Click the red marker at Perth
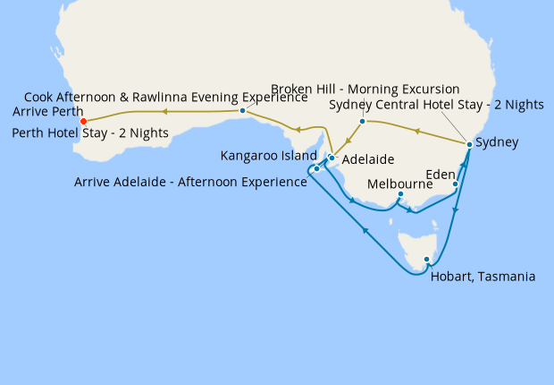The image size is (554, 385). (83, 121)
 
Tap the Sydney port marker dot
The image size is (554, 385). (469, 144)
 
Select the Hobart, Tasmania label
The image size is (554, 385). (483, 277)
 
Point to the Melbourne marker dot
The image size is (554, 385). (400, 194)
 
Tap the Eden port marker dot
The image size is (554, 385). (456, 185)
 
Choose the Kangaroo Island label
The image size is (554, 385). (267, 156)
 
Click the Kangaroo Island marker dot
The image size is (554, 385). (316, 168)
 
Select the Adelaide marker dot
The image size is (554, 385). (332, 158)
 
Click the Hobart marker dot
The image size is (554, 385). (427, 260)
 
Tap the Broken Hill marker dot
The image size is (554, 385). (362, 121)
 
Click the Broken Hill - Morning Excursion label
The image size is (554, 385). (365, 90)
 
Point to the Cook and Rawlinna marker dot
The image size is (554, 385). (242, 111)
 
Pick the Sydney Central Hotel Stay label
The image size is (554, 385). (436, 105)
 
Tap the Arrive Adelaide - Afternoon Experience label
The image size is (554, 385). (190, 183)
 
